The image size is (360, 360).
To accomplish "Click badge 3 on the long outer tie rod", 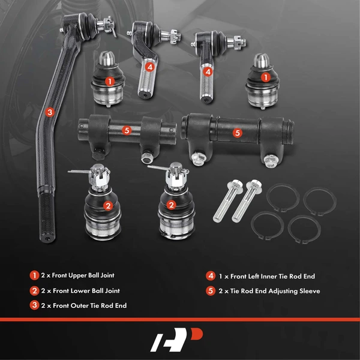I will tap(50, 112).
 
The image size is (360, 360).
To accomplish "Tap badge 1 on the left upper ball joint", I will tap(109, 80).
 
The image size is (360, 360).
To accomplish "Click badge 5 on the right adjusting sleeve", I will tap(236, 133).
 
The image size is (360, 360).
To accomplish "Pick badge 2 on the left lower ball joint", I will tap(108, 206).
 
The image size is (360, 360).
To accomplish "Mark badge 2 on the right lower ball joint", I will tap(172, 205).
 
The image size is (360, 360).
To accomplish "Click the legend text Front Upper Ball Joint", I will tap(79, 275).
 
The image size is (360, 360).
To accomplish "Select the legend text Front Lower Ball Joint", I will tap(79, 290).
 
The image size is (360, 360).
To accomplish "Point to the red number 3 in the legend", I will tap(34, 305).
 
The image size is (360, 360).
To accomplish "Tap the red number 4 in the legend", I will tap(210, 276).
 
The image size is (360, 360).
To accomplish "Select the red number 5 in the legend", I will tap(210, 291).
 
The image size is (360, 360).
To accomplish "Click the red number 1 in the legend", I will tap(34, 275).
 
